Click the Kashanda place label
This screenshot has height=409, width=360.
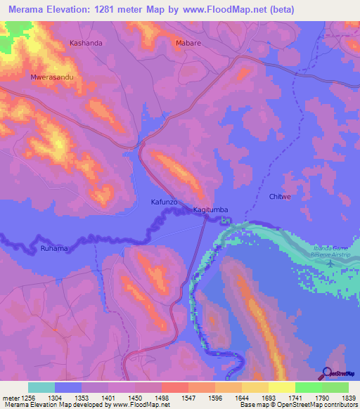pyautogui.click(x=86, y=43)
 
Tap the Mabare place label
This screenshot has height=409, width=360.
pyautogui.click(x=187, y=43)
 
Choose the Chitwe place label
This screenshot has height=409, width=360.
pyautogui.click(x=280, y=197)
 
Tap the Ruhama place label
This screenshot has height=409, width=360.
pyautogui.click(x=55, y=248)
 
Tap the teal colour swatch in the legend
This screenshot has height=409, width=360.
pyautogui.click(x=41, y=387)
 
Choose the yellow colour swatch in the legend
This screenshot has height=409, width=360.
pyautogui.click(x=281, y=387)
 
